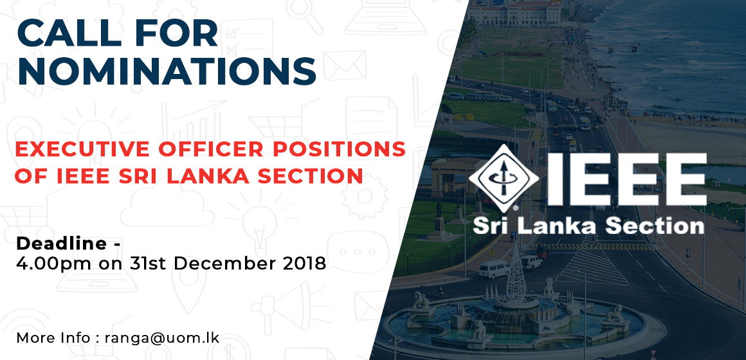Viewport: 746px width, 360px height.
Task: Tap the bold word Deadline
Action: [x=61, y=244]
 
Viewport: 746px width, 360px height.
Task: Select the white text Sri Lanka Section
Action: [x=588, y=226]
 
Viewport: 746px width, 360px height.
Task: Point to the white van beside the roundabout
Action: [x=494, y=269]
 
